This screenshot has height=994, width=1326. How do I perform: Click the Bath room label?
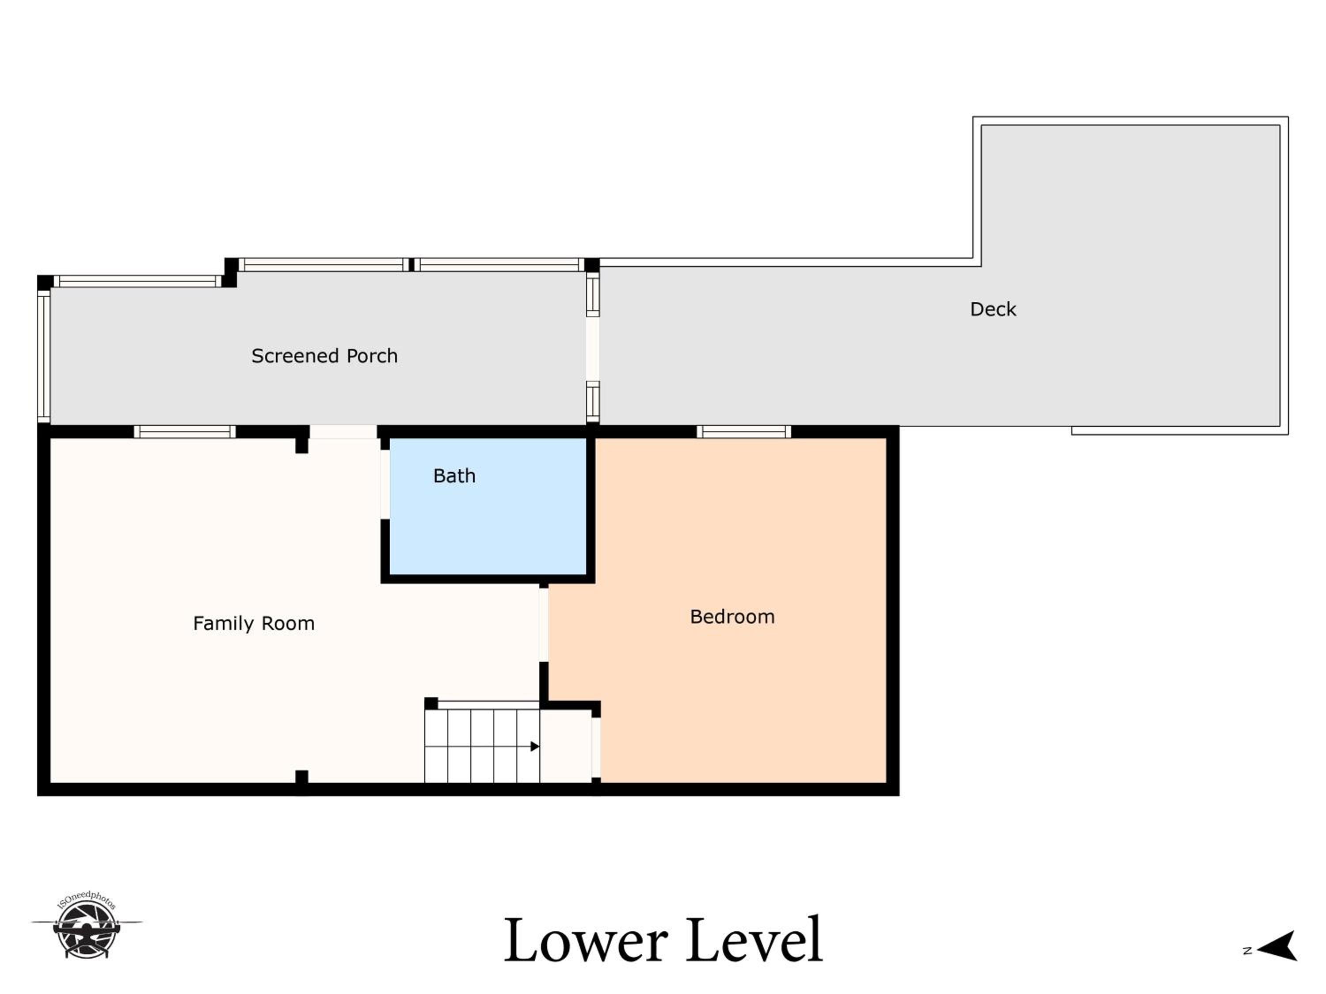pyautogui.click(x=454, y=476)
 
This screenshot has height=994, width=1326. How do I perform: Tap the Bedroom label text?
pyautogui.click(x=732, y=617)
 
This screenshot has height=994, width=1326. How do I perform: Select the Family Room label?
pyautogui.click(x=254, y=624)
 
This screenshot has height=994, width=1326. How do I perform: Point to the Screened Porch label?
pyautogui.click(x=324, y=356)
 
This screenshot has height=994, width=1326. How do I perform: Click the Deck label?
pyautogui.click(x=993, y=309)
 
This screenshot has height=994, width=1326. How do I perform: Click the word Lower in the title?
pyautogui.click(x=586, y=940)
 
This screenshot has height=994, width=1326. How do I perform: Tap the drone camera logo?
pyautogui.click(x=87, y=925)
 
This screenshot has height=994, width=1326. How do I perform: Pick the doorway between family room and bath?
pyautogui.click(x=385, y=484)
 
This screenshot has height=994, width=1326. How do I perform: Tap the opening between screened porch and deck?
pyautogui.click(x=592, y=349)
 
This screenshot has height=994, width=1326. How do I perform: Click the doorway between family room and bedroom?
pyautogui.click(x=543, y=624)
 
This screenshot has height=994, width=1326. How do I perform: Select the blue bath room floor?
pyautogui.click(x=488, y=506)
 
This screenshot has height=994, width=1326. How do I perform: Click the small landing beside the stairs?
pyautogui.click(x=566, y=746)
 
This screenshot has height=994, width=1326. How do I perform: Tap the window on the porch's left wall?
pyautogui.click(x=44, y=356)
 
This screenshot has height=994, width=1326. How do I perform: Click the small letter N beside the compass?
pyautogui.click(x=1247, y=950)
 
